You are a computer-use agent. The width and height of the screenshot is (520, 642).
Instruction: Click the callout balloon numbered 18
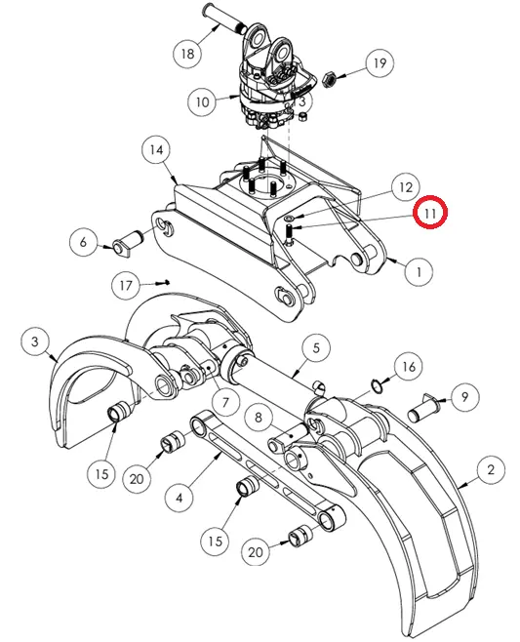click(187, 54)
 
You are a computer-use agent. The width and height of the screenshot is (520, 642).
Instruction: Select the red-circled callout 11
click(430, 213)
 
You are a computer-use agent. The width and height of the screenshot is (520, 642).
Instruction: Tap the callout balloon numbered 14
click(156, 150)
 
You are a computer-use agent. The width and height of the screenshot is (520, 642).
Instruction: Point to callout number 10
click(202, 101)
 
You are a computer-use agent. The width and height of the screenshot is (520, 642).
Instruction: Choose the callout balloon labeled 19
click(380, 63)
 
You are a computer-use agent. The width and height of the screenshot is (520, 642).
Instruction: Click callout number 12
click(405, 187)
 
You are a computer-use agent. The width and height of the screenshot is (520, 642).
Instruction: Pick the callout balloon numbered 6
click(84, 242)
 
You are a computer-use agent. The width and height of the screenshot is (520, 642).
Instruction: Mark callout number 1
click(419, 272)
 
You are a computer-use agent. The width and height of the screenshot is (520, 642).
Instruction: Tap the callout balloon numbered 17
click(126, 285)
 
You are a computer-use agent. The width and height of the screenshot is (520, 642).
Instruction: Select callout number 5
click(316, 348)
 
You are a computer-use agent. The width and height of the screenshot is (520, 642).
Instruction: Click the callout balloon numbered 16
click(409, 367)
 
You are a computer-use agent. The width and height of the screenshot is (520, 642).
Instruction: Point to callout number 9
click(464, 396)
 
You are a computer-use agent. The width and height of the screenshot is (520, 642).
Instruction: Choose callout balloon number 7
click(225, 403)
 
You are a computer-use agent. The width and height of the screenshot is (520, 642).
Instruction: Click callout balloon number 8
click(258, 418)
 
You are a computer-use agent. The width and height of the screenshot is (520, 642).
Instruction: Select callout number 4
click(180, 498)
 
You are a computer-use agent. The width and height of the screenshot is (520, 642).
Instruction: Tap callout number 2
click(491, 469)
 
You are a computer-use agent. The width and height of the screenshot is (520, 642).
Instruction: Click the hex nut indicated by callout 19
click(329, 79)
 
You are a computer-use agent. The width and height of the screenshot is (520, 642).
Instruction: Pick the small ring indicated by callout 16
click(377, 386)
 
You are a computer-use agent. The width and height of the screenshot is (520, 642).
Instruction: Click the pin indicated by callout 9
click(423, 410)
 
